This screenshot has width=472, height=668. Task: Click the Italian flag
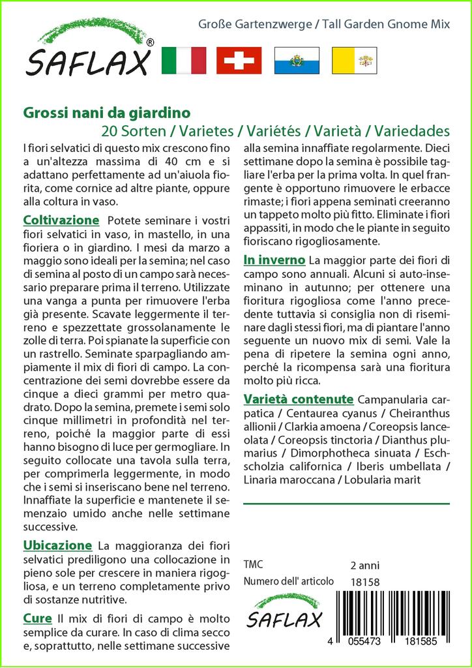click(183, 60)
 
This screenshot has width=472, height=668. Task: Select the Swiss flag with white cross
click(239, 60)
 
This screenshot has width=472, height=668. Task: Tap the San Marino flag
click(297, 60)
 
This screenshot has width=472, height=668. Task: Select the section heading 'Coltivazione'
click(61, 220)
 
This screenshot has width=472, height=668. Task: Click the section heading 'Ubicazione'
click(57, 545)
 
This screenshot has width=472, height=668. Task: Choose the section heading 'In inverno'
click(274, 260)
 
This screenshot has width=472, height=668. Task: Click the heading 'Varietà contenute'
click(298, 399)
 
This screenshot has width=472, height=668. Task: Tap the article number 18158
click(364, 582)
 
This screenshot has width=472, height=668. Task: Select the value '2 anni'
click(364, 565)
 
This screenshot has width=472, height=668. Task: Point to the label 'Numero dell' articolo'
click(288, 581)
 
